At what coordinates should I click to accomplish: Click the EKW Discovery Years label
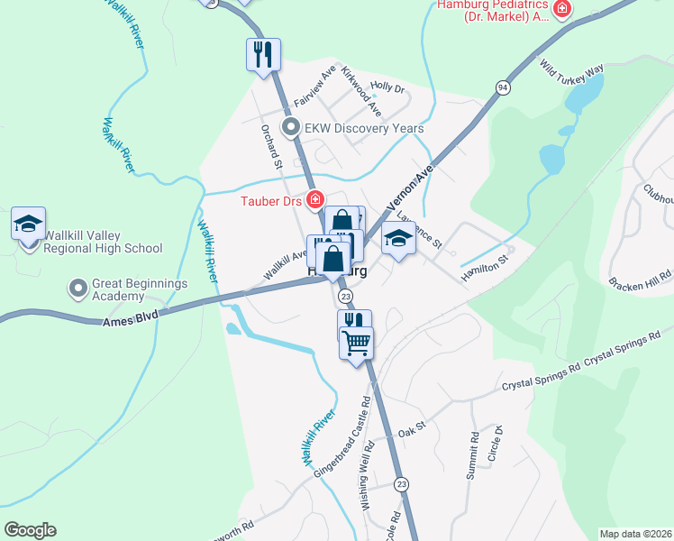pos(363,128)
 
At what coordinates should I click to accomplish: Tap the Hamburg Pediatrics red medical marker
pos(563,9)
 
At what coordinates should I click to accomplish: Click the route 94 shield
pos(502,87)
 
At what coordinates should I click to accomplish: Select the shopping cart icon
pos(356,342)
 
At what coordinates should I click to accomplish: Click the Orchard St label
pos(272,145)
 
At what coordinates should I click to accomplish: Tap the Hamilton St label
pos(486,268)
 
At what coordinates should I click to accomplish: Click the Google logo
pos(30,530)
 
